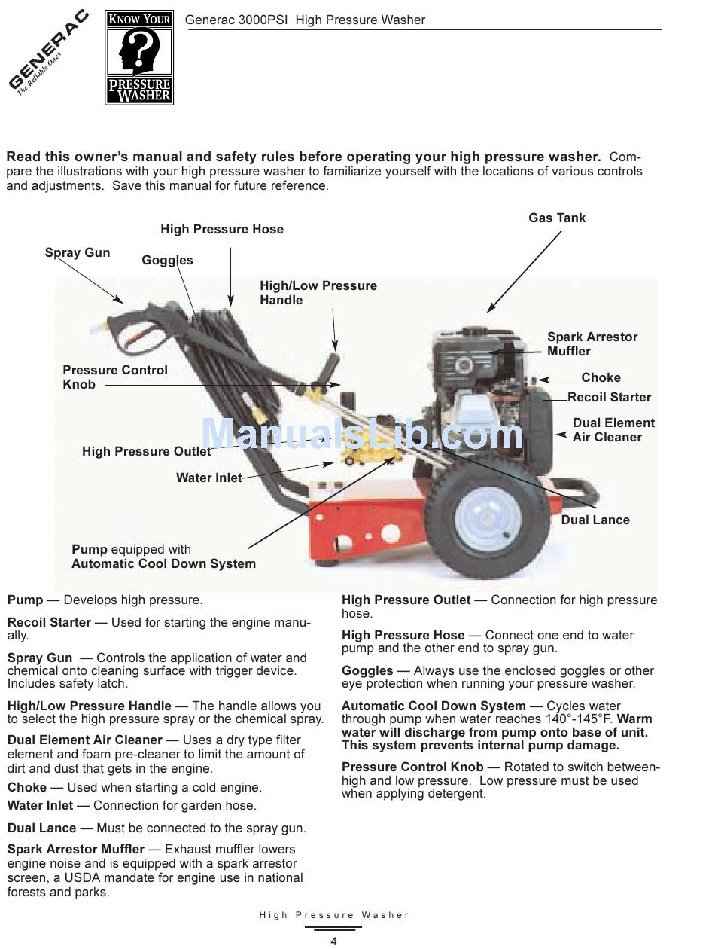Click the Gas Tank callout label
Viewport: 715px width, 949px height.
pyautogui.click(x=556, y=218)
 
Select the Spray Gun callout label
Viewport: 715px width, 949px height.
pyautogui.click(x=77, y=252)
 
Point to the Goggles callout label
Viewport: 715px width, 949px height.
pyautogui.click(x=167, y=260)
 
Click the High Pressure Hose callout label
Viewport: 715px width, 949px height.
pyautogui.click(x=222, y=229)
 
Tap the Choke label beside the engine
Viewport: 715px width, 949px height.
pyautogui.click(x=601, y=377)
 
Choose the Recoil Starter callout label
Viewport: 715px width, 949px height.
pyautogui.click(x=609, y=397)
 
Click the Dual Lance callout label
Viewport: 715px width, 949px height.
pyautogui.click(x=595, y=520)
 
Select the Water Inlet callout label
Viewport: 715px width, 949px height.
pyautogui.click(x=208, y=478)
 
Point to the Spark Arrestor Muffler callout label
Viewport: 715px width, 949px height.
pyautogui.click(x=592, y=344)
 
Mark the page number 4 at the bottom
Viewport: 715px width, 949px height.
pyautogui.click(x=333, y=941)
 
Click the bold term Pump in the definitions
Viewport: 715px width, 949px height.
pyautogui.click(x=25, y=600)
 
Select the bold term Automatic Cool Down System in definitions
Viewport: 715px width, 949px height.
pyautogui.click(x=434, y=706)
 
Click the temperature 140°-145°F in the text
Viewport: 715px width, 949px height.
pyautogui.click(x=585, y=719)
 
